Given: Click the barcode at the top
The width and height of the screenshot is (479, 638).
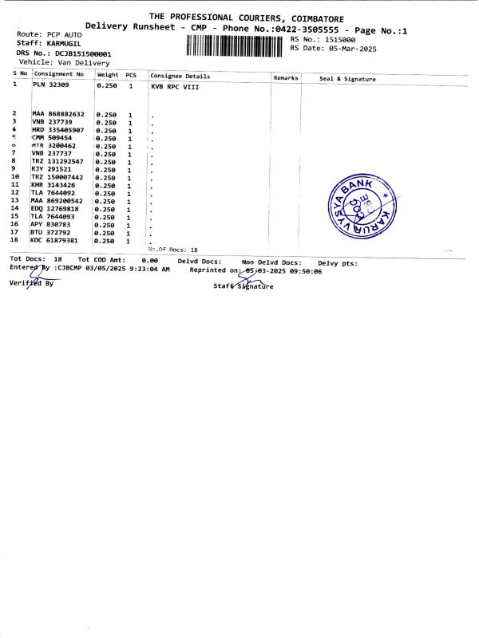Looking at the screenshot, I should (x=235, y=45).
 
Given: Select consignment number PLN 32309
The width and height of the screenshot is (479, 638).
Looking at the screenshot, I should (x=50, y=84).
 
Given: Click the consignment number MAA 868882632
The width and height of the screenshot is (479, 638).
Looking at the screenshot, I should (x=58, y=114).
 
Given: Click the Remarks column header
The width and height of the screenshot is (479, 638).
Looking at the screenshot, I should (x=285, y=77).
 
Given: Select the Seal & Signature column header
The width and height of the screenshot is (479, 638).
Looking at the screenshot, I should (x=347, y=79).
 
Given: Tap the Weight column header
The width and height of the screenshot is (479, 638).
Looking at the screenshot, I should (x=108, y=74).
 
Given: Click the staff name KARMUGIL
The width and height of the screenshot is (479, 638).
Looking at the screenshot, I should (x=71, y=45).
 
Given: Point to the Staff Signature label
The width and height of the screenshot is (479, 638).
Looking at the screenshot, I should (x=243, y=286).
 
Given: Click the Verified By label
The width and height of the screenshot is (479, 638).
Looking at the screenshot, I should (x=31, y=283).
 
